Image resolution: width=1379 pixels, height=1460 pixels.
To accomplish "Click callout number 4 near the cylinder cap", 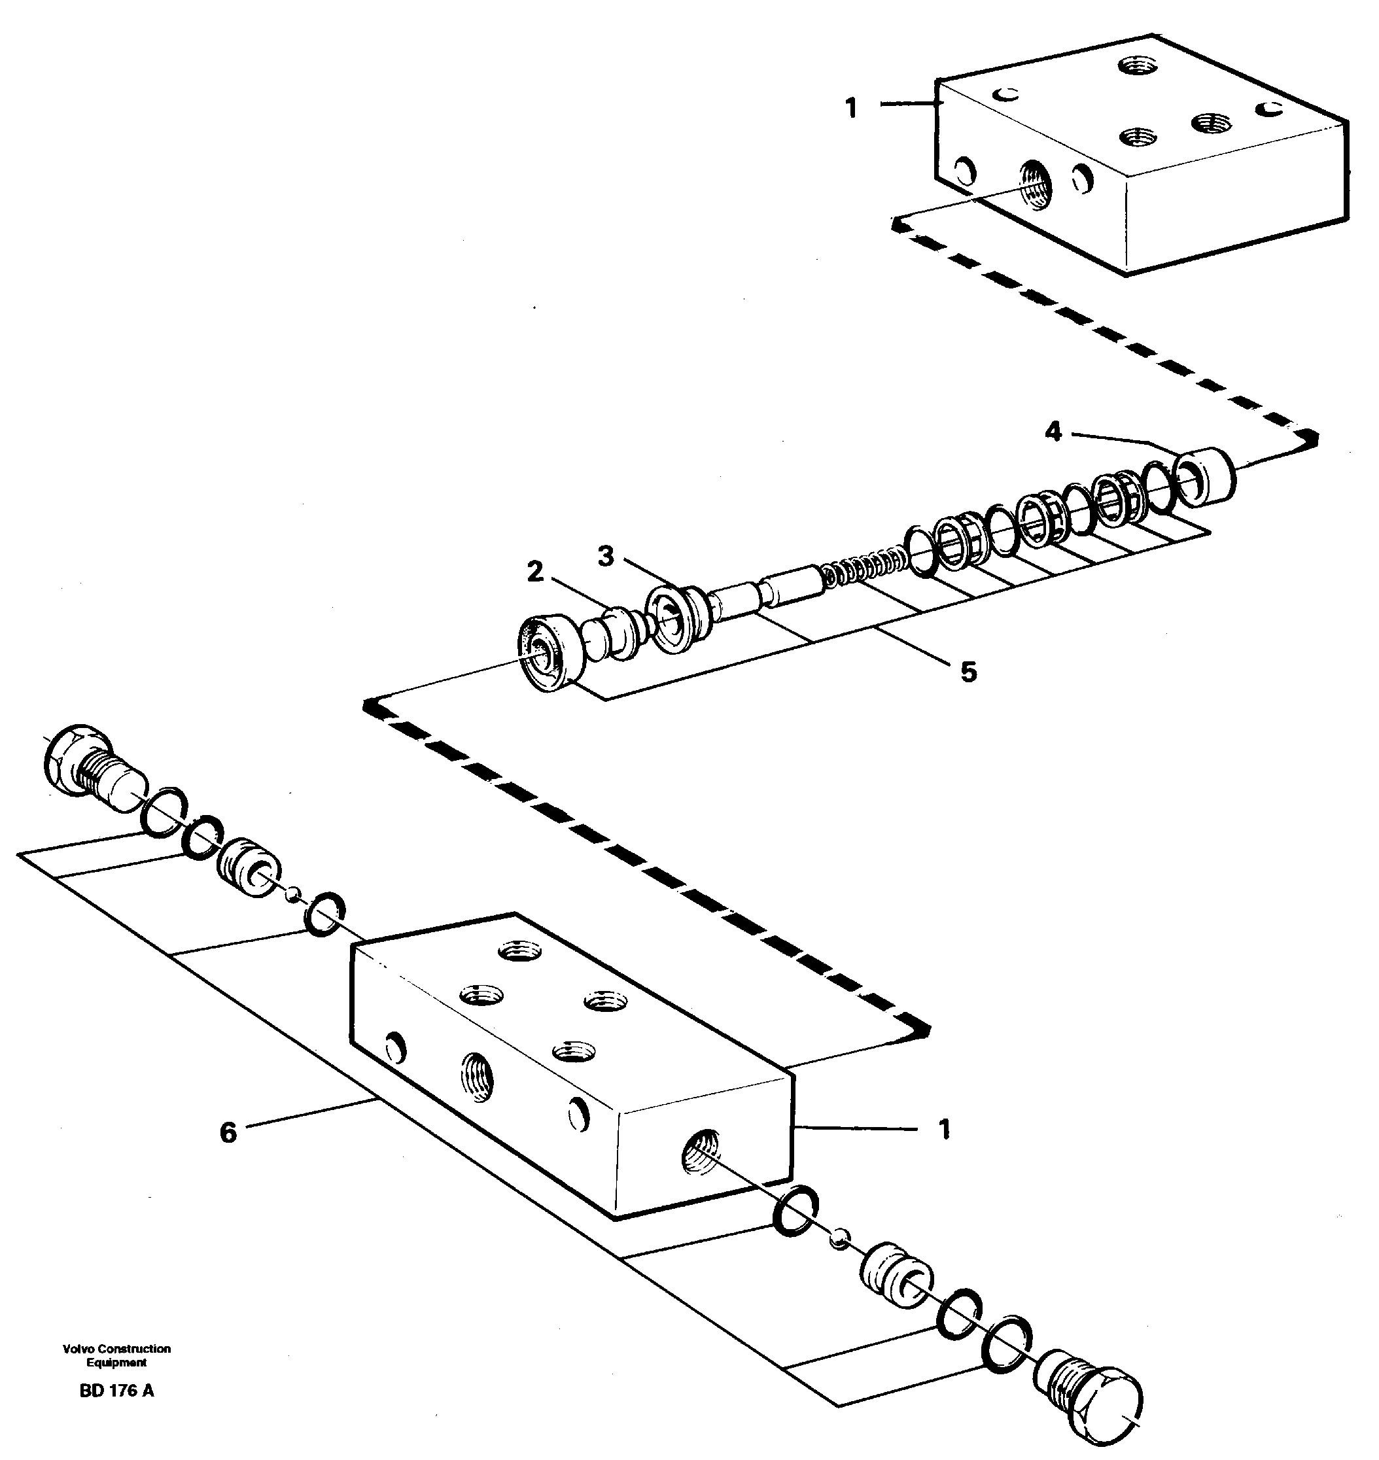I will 1053,432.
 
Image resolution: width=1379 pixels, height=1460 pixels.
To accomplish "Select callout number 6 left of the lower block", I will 228,1133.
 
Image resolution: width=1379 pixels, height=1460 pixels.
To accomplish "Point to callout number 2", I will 535,570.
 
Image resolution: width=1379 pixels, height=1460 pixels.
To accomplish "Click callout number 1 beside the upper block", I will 850,109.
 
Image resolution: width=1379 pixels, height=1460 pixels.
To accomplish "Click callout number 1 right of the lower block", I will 945,1128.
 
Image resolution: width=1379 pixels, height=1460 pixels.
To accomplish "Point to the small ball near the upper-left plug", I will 293,894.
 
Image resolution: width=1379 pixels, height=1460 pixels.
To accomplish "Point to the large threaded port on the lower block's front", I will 477,1077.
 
